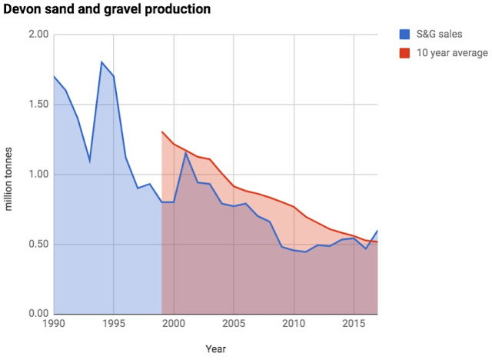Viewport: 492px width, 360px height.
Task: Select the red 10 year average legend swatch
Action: pyautogui.click(x=405, y=53)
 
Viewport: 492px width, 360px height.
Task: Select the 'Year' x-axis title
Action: pyautogui.click(x=215, y=349)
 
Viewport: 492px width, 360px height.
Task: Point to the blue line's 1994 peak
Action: pyautogui.click(x=101, y=62)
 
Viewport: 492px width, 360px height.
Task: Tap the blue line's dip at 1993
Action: pyautogui.click(x=90, y=160)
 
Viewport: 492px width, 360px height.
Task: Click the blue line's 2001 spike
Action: pyautogui.click(x=185, y=153)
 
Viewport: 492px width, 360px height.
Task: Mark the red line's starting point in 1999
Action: pyautogui.click(x=162, y=132)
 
